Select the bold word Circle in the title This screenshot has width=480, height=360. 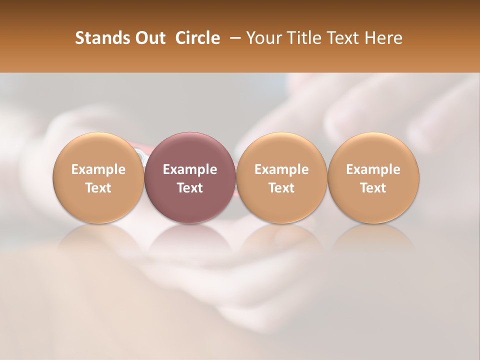click(197, 38)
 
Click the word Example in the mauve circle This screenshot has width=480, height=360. click(190, 169)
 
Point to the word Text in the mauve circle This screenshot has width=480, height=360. click(190, 188)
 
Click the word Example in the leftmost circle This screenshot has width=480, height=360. click(98, 169)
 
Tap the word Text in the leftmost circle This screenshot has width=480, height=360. click(98, 188)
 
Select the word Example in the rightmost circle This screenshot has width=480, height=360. click(373, 169)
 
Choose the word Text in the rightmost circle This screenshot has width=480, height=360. click(373, 188)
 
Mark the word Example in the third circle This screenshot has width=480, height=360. click(281, 169)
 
